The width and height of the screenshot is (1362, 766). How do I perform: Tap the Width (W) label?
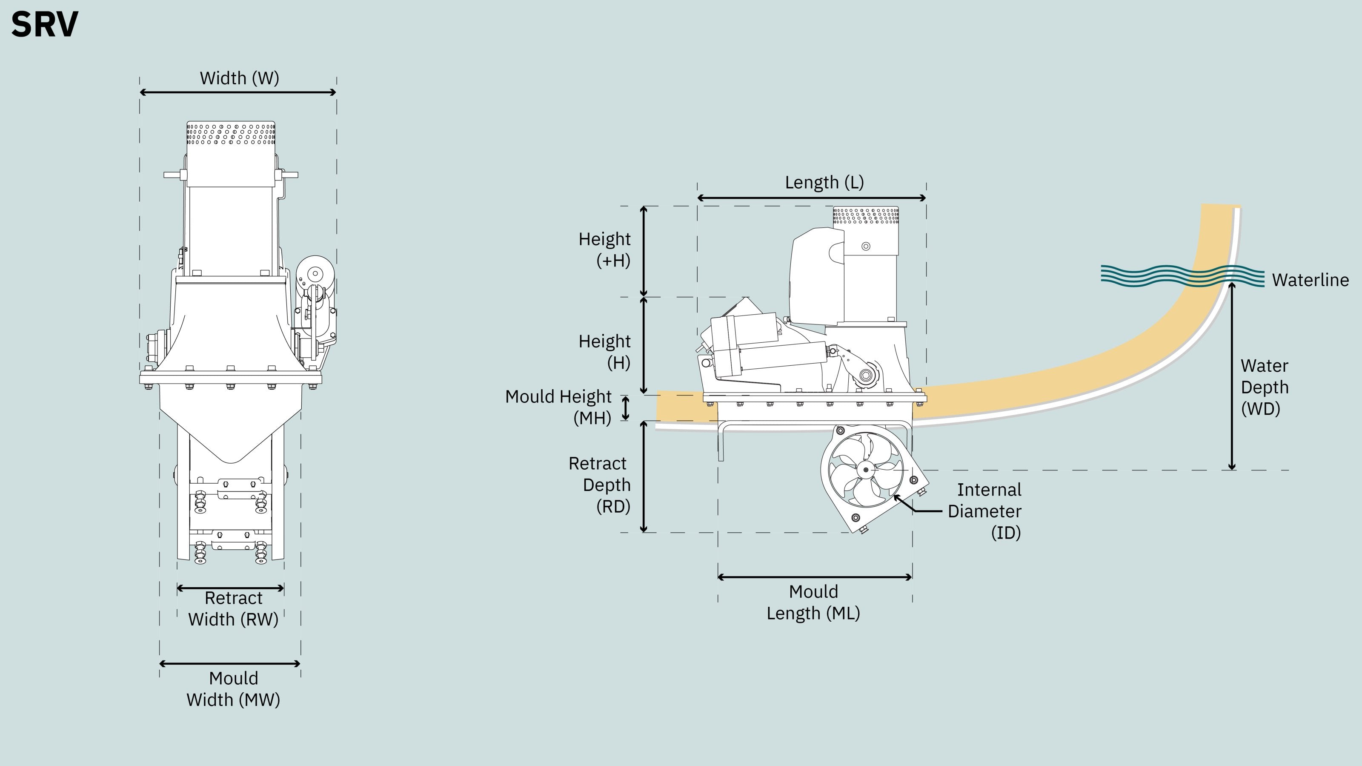pyautogui.click(x=239, y=78)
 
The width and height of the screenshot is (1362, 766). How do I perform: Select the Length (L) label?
pyautogui.click(x=824, y=183)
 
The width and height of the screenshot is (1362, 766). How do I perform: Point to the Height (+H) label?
pyautogui.click(x=604, y=250)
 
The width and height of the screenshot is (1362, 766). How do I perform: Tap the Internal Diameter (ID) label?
pyautogui.click(x=984, y=511)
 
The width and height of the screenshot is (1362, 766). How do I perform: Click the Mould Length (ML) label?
pyautogui.click(x=813, y=602)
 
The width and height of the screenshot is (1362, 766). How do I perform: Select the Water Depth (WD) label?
pyautogui.click(x=1265, y=387)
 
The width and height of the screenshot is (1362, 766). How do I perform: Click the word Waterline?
pyautogui.click(x=1310, y=280)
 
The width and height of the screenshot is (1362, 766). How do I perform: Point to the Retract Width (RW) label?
pyautogui.click(x=233, y=608)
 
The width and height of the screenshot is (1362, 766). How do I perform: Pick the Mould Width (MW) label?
pyautogui.click(x=233, y=689)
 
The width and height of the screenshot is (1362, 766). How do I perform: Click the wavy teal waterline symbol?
pyautogui.click(x=1182, y=276)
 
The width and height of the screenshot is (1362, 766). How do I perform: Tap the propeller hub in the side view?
pyautogui.click(x=866, y=469)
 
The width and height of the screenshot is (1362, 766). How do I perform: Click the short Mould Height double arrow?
pyautogui.click(x=626, y=408)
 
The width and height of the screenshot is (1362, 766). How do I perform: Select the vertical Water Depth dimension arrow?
pyautogui.click(x=1232, y=376)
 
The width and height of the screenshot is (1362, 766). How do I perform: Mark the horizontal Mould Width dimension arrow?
pyautogui.click(x=230, y=663)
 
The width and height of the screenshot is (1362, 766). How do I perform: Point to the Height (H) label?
pyautogui.click(x=604, y=352)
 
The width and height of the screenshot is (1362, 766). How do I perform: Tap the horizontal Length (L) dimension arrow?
pyautogui.click(x=812, y=198)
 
